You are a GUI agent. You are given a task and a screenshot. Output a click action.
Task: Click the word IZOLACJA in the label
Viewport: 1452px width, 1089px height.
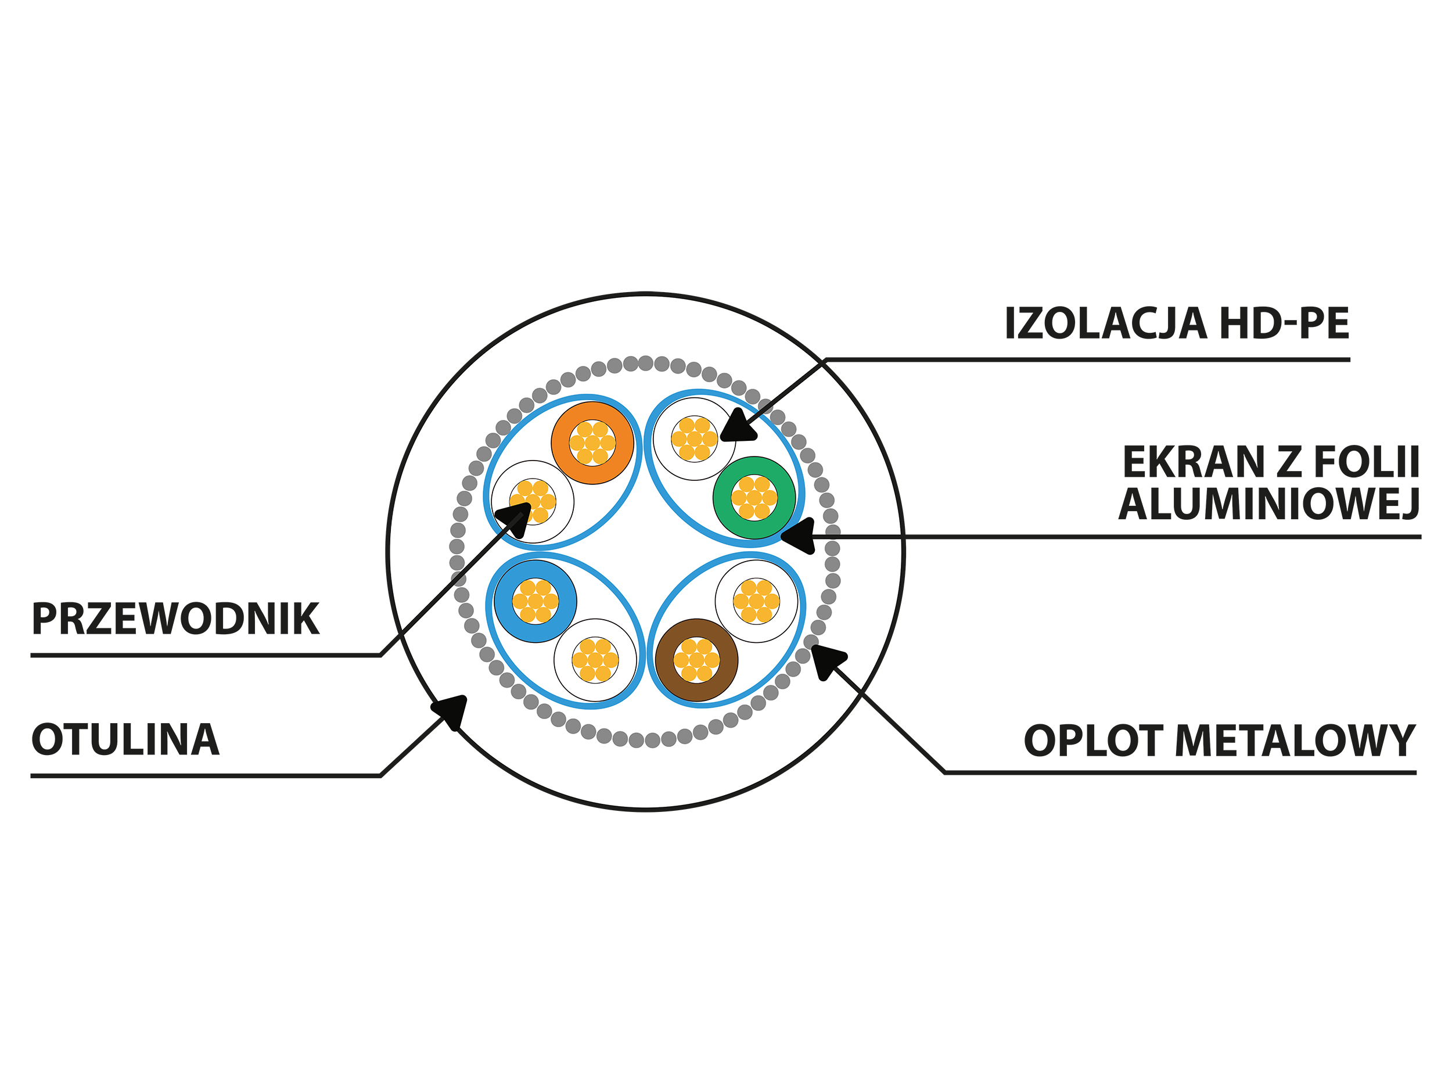pyautogui.click(x=1105, y=324)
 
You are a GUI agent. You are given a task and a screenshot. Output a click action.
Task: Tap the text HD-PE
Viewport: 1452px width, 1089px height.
pyautogui.click(x=1284, y=324)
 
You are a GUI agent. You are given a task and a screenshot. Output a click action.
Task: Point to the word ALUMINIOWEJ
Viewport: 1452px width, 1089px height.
pyautogui.click(x=1270, y=504)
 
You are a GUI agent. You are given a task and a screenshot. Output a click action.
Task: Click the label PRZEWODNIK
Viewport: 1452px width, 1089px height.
pyautogui.click(x=175, y=619)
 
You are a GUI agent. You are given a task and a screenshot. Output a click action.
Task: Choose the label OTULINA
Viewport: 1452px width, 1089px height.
pyautogui.click(x=125, y=740)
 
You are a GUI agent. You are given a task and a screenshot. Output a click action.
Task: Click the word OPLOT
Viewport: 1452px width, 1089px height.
pyautogui.click(x=1093, y=741)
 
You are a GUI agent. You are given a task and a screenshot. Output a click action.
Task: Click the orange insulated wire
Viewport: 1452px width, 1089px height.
pyautogui.click(x=592, y=443)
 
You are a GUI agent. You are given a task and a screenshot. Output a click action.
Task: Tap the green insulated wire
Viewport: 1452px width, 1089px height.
pyautogui.click(x=754, y=498)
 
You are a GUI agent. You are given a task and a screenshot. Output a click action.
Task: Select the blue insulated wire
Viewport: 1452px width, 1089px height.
pyautogui.click(x=535, y=601)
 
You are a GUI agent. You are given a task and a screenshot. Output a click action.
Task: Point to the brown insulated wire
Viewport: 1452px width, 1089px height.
pyautogui.click(x=696, y=660)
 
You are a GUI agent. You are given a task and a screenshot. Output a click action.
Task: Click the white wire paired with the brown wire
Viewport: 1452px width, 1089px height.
pyautogui.click(x=756, y=601)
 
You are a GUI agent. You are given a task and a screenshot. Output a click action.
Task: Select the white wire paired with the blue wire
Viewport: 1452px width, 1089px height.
pyautogui.click(x=595, y=660)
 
